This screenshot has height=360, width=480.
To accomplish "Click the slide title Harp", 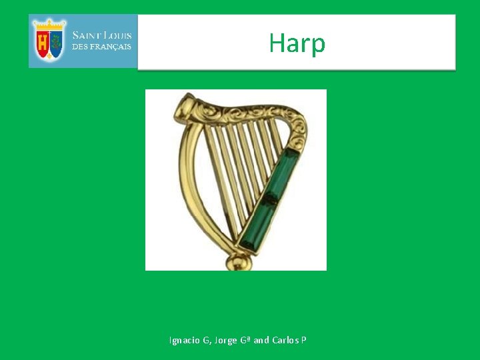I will tap(297, 44).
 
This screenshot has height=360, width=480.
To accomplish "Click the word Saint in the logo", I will tap(87, 35).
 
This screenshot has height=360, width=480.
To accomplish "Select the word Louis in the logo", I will tap(117, 35).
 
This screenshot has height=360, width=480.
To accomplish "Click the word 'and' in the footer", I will tap(261, 340).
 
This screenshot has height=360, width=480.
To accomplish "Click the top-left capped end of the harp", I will tap(185, 105).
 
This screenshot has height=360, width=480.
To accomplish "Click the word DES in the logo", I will tap(79, 47).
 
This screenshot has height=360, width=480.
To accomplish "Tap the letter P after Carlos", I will tap(303, 340).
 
